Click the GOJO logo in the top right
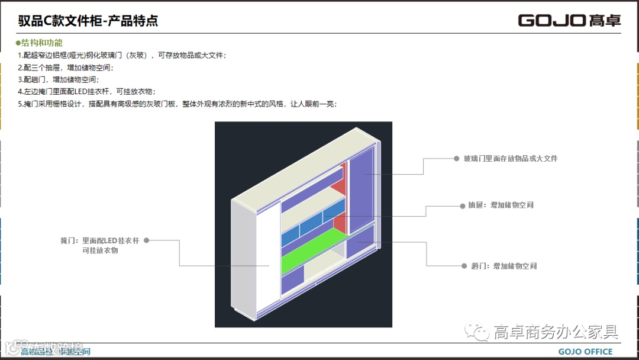pyautogui.click(x=569, y=21)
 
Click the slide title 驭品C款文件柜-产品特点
pyautogui.click(x=88, y=22)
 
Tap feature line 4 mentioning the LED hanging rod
pyautogui.click(x=89, y=91)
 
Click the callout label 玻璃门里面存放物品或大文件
pyautogui.click(x=510, y=159)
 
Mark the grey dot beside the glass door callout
pyautogui.click(x=456, y=159)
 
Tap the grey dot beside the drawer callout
pyautogui.click(x=463, y=205)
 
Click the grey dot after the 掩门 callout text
pyautogui.click(x=146, y=240)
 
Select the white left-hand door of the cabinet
pyautogui.click(x=254, y=255)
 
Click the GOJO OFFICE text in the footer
pyautogui.click(x=586, y=352)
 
